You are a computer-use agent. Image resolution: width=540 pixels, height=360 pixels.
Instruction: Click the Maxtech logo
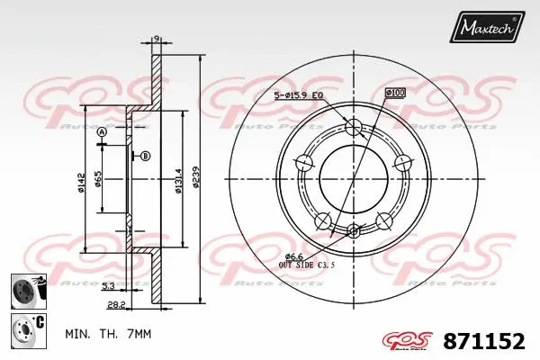pos(489,29)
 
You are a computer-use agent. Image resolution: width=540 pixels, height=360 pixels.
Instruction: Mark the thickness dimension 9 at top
pos(156,38)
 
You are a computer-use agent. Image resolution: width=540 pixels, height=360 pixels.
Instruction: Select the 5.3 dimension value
pos(107,287)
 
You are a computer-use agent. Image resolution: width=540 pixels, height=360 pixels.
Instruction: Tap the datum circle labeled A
pos(101,132)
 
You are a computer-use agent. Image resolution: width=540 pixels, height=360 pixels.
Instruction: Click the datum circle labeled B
pos(146,157)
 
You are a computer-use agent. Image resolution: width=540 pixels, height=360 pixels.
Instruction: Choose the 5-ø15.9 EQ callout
pos(300,96)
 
